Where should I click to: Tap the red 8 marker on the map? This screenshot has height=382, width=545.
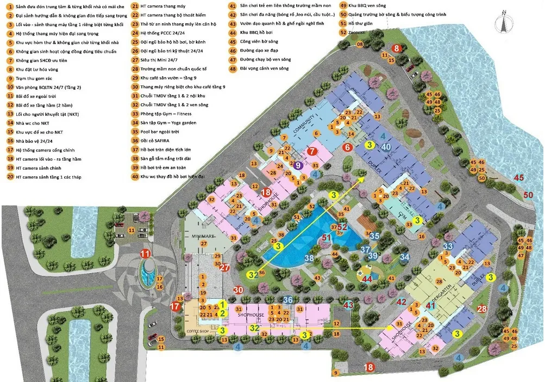(x=397, y=48)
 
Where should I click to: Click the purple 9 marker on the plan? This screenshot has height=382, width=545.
(x=298, y=165)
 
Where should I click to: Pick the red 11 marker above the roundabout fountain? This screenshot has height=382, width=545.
(x=145, y=254)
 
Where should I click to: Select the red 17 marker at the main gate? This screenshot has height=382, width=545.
(x=175, y=306)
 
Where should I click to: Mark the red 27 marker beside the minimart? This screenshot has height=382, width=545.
(x=224, y=267)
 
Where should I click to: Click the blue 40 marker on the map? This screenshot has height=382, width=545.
(x=386, y=146)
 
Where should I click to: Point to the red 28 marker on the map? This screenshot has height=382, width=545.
(x=481, y=309)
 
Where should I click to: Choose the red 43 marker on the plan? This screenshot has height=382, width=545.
(x=348, y=305)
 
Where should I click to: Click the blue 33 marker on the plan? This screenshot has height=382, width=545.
(x=448, y=246)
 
